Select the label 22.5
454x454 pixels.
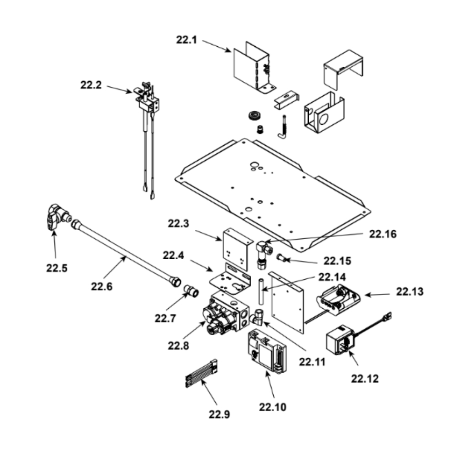coord(57,268)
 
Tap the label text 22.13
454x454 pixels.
coord(410,292)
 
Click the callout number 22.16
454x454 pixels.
coord(383,234)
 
